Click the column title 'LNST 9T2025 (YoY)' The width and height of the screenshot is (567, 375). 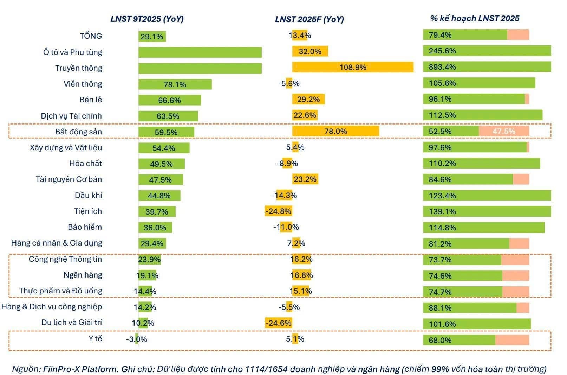(147, 19)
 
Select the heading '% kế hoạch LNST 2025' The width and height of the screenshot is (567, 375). (474, 18)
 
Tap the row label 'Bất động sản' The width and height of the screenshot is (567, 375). (78, 132)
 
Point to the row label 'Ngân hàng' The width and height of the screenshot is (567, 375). (83, 275)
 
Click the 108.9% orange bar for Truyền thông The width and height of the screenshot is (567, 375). (353, 67)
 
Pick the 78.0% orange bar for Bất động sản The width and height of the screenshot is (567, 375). (335, 132)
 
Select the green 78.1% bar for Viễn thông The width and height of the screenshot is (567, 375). (175, 84)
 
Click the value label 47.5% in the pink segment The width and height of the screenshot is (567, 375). (504, 132)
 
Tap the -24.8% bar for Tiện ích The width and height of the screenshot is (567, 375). (278, 211)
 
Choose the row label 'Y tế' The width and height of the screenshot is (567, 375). (95, 339)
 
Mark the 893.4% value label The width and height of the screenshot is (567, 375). (442, 67)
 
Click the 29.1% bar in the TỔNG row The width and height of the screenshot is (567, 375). (152, 37)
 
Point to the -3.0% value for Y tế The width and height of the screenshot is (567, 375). (137, 339)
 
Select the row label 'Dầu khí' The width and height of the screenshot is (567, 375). (88, 196)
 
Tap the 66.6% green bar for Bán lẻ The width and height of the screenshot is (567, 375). (169, 100)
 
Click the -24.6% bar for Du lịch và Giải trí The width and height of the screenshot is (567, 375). (279, 323)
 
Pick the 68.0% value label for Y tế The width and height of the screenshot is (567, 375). (440, 340)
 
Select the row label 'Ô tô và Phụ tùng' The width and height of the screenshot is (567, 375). (72, 52)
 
